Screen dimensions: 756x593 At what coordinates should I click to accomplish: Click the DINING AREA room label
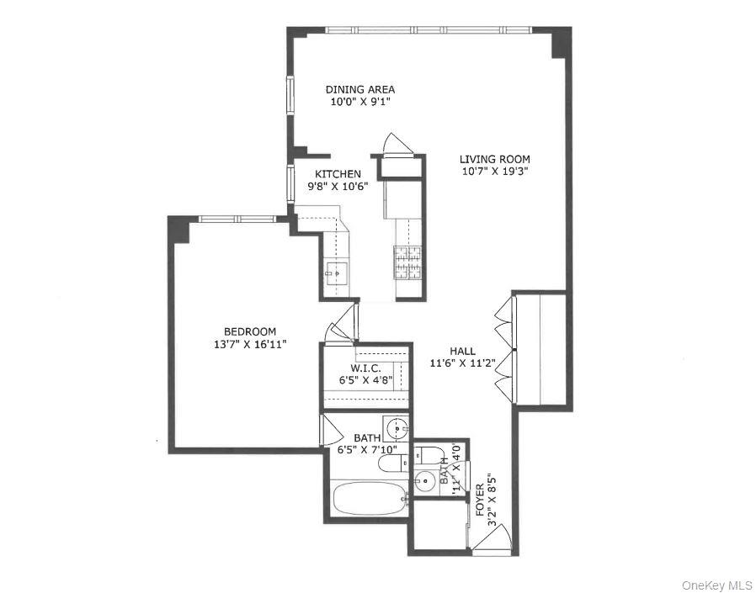coord(360,89)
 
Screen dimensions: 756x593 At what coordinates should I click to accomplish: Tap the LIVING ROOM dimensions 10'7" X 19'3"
coord(494,171)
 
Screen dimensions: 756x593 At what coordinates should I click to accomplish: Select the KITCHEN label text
coord(338,174)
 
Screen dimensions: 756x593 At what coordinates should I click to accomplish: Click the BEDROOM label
coord(249,331)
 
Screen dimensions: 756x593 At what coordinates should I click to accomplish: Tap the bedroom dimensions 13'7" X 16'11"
coord(249,344)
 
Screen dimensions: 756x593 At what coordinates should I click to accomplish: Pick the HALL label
coord(461,352)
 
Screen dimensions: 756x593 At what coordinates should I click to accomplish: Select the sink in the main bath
coord(395,429)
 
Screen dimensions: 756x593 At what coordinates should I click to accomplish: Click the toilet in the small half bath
coord(430,457)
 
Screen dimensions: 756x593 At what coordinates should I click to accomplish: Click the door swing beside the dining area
coord(394,146)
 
